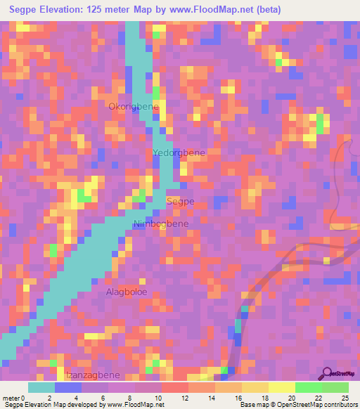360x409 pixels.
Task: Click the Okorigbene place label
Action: [x=133, y=106]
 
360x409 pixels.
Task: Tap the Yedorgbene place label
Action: [x=174, y=152]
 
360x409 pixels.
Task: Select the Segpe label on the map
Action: [x=180, y=201]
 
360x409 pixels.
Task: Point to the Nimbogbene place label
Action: [x=161, y=224]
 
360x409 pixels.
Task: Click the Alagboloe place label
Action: [x=127, y=291]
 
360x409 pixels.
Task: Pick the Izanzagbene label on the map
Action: [x=93, y=375]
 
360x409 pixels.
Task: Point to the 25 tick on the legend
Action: [x=345, y=398]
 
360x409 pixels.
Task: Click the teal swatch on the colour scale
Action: [x=41, y=387]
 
